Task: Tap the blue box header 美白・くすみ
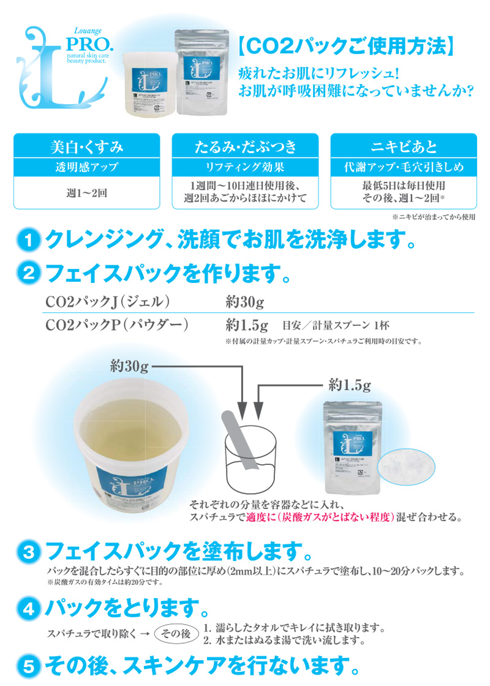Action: (x=86, y=146)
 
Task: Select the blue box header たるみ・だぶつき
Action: (x=245, y=146)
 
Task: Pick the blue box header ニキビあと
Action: (x=404, y=146)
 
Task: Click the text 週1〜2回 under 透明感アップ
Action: (x=86, y=192)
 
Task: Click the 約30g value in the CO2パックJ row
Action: (x=244, y=302)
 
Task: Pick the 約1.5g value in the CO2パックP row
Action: (x=247, y=324)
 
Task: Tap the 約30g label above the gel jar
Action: (x=130, y=367)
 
